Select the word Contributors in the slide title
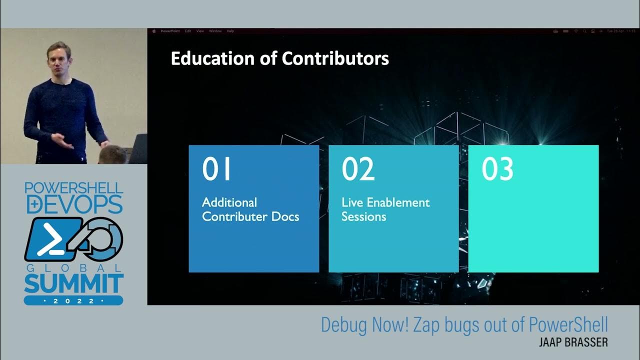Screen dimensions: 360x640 (x=335, y=59)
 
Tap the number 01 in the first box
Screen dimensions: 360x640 (x=217, y=169)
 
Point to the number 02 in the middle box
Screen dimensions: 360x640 (x=358, y=169)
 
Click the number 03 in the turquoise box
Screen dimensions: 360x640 (x=497, y=169)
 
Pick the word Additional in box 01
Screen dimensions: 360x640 (x=229, y=202)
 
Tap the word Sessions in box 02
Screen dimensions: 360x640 (x=363, y=217)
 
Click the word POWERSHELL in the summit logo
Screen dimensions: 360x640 (x=73, y=188)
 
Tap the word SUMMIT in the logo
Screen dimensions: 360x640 (x=73, y=283)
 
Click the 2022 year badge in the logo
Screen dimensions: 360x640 (x=73, y=301)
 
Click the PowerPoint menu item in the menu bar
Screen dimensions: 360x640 (x=170, y=31)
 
